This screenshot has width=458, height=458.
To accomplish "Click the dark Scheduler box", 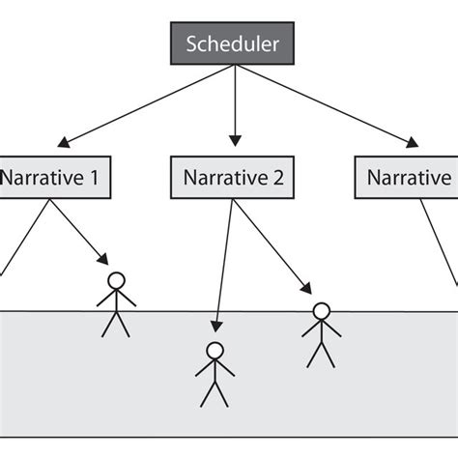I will (x=234, y=44).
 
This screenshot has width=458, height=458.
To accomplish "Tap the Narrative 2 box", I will (x=234, y=178).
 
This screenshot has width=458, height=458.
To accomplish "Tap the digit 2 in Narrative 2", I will (x=279, y=178).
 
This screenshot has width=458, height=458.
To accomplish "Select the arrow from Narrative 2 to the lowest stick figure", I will (x=223, y=261).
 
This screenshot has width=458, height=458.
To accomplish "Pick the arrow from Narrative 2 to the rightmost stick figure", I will (x=271, y=242).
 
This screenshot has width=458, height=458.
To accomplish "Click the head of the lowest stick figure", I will (x=215, y=351).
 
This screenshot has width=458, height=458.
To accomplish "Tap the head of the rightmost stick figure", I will (x=321, y=311).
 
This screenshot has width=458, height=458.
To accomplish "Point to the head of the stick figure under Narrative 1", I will (x=116, y=281).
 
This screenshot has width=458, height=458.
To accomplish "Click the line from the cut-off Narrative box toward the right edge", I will (x=440, y=242).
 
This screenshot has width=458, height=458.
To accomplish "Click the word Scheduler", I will (x=234, y=44).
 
